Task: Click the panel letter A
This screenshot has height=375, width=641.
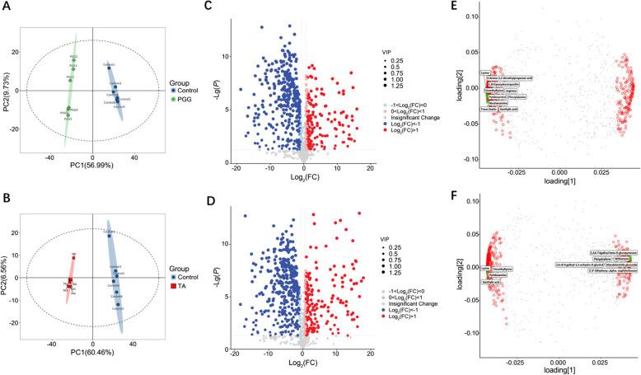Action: click(7, 7)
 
